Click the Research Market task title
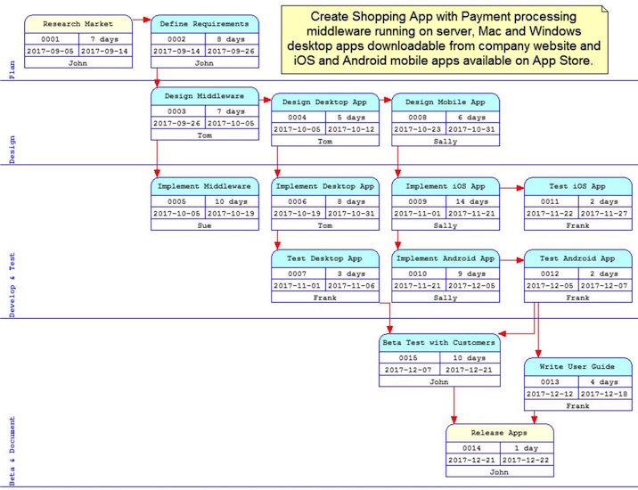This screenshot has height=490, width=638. point(78,24)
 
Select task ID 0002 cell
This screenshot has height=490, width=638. point(177,39)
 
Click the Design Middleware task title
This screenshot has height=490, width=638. point(204,96)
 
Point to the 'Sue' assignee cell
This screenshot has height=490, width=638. point(204,225)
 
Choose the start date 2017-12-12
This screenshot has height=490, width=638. point(551,394)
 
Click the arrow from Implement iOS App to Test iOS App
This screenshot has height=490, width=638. point(511,188)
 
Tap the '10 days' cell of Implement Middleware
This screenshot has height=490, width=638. point(231,201)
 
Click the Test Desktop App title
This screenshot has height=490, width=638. point(324,258)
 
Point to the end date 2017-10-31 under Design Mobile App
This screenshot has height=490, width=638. point(471,129)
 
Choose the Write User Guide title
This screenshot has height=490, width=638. point(577,366)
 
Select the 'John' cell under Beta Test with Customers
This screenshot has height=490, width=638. point(438,381)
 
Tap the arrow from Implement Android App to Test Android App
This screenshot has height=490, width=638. point(511,259)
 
